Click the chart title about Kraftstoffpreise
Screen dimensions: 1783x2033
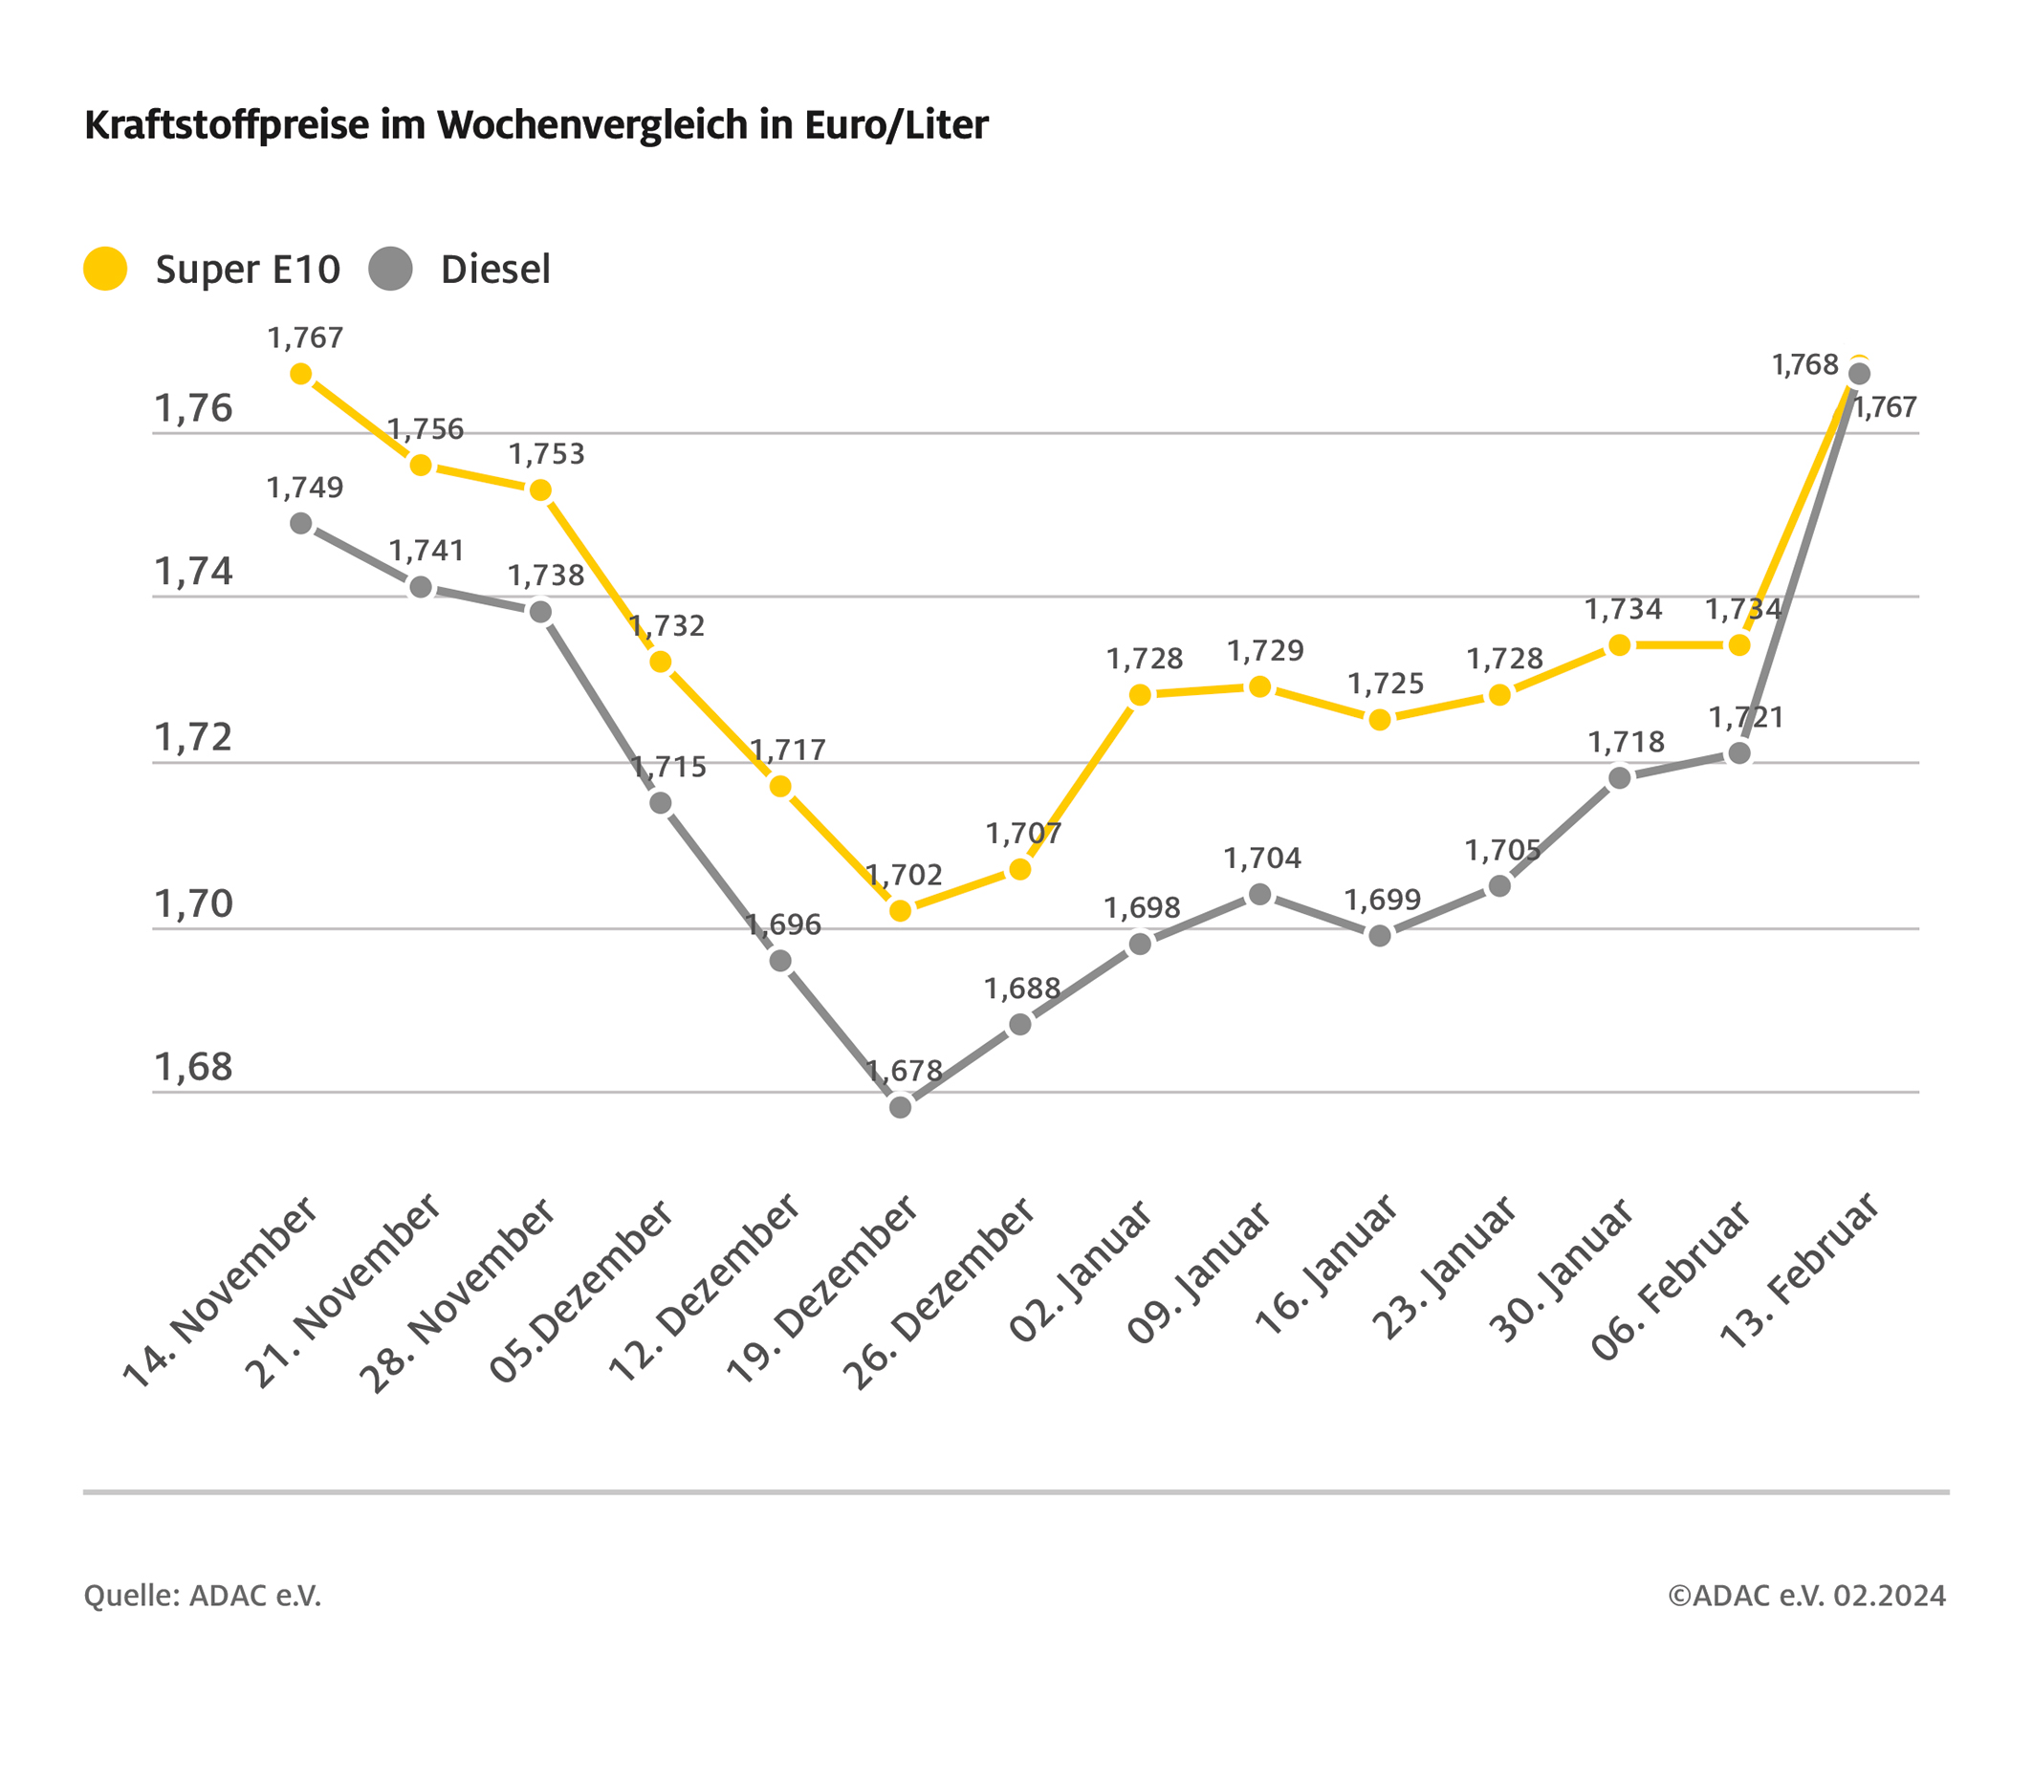point(536,125)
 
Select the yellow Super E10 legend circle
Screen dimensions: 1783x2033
point(105,269)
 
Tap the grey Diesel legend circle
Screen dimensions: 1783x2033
point(391,269)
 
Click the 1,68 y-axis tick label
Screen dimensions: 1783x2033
point(193,1067)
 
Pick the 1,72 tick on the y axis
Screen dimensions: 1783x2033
point(193,737)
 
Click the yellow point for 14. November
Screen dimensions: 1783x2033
point(301,374)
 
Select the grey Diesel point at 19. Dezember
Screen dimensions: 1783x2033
point(900,1107)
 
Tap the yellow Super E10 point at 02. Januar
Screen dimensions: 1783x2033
point(1141,695)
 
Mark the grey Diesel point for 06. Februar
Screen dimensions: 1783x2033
point(1739,752)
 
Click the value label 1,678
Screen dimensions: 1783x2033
point(904,1071)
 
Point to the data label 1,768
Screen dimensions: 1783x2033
point(1805,365)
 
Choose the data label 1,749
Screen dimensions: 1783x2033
point(304,488)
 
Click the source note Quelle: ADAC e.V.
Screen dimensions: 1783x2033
point(203,1596)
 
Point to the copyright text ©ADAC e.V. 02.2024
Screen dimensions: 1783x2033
point(1807,1596)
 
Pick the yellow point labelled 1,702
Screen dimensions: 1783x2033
point(900,911)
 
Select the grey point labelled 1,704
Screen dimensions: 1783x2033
point(1260,894)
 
